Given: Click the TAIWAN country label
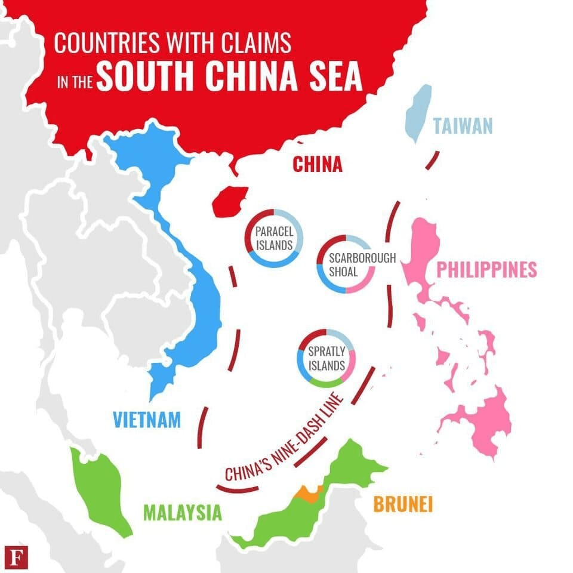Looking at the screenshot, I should (x=463, y=126).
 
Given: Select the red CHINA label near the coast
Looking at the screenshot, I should (x=318, y=164).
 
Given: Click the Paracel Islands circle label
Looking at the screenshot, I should (x=274, y=238).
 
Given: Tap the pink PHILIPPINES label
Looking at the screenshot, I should (x=486, y=269).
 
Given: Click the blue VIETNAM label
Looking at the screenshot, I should (x=147, y=420).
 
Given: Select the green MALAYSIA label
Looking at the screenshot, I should (x=182, y=512).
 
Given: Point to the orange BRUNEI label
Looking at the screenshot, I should (x=403, y=504).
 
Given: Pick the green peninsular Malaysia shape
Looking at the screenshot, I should (x=101, y=489).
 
